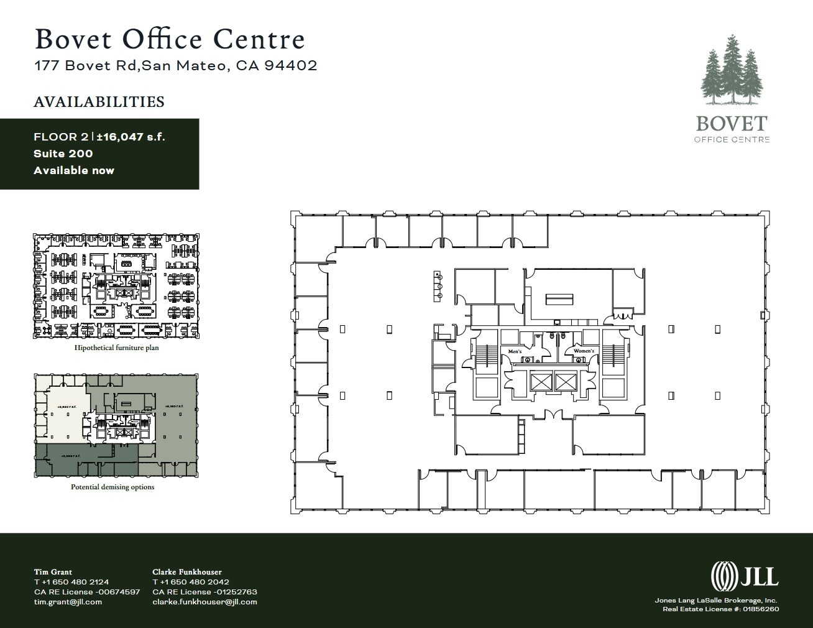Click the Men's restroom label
click(515, 351)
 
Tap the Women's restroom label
click(584, 351)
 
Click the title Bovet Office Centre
click(170, 39)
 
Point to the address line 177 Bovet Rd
click(175, 65)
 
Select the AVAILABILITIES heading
click(99, 102)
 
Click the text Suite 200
click(63, 154)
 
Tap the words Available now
click(74, 170)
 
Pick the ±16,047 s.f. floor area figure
click(131, 137)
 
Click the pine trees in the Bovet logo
click(731, 72)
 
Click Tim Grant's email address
click(68, 602)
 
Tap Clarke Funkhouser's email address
click(204, 602)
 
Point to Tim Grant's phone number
click(71, 582)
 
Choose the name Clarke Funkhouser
click(187, 572)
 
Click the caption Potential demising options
click(113, 487)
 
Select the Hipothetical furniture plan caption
click(116, 348)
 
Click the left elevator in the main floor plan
click(539, 382)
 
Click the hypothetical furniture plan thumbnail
click(116, 286)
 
